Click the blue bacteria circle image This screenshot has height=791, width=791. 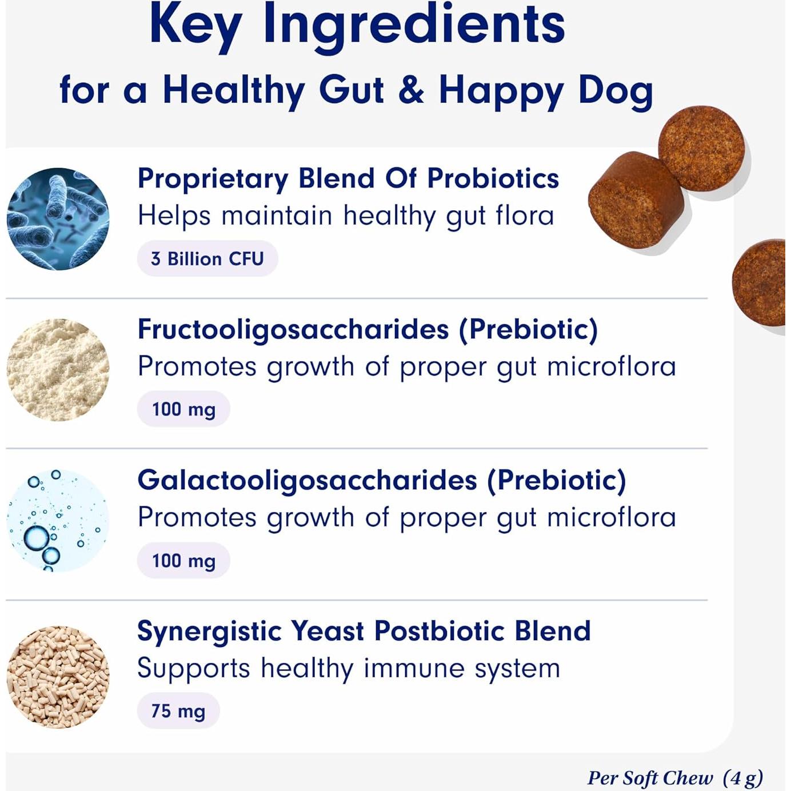pyautogui.click(x=58, y=219)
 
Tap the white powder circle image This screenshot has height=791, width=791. pyautogui.click(x=58, y=370)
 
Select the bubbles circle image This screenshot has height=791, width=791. pyautogui.click(x=58, y=521)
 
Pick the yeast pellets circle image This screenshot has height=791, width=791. pyautogui.click(x=58, y=677)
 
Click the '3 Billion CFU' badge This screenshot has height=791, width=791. pyautogui.click(x=207, y=259)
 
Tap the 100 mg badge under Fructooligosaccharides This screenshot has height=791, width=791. pyautogui.click(x=183, y=409)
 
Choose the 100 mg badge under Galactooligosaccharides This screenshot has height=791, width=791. pyautogui.click(x=183, y=561)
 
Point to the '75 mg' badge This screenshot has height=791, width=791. pyautogui.click(x=178, y=711)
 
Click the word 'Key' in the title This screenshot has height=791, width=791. pyautogui.click(x=195, y=26)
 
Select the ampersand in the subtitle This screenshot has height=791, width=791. pyautogui.click(x=411, y=90)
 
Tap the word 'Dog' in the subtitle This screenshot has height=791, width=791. pyautogui.click(x=616, y=91)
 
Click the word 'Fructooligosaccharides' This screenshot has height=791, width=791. pyautogui.click(x=293, y=330)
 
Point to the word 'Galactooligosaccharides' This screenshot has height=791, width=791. pyautogui.click(x=307, y=481)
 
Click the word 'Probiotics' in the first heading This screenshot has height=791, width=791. pyautogui.click(x=493, y=178)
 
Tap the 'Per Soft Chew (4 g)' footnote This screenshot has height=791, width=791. pyautogui.click(x=675, y=778)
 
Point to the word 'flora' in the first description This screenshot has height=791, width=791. pyautogui.click(x=524, y=216)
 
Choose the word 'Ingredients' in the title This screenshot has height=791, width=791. pyautogui.click(x=414, y=26)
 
